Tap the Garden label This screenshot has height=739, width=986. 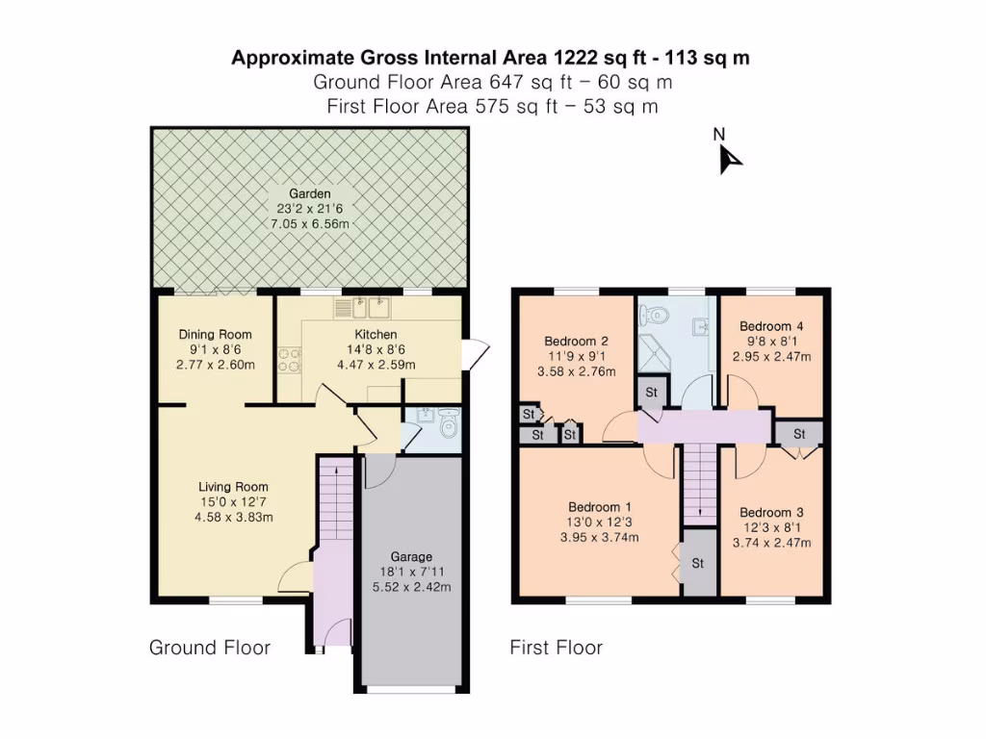click(310, 193)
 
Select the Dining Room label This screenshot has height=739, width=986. click(216, 335)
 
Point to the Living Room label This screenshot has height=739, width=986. click(233, 487)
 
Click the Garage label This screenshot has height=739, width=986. click(411, 556)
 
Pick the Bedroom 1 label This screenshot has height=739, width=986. click(600, 507)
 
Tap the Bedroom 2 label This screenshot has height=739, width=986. click(576, 341)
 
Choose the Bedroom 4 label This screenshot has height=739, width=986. click(771, 326)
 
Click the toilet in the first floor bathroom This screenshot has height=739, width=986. click(656, 314)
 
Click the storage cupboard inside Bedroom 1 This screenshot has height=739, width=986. click(697, 563)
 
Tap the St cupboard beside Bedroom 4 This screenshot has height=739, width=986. click(799, 434)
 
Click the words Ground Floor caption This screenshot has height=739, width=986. click(210, 648)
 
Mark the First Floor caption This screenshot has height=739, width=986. click(557, 648)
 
